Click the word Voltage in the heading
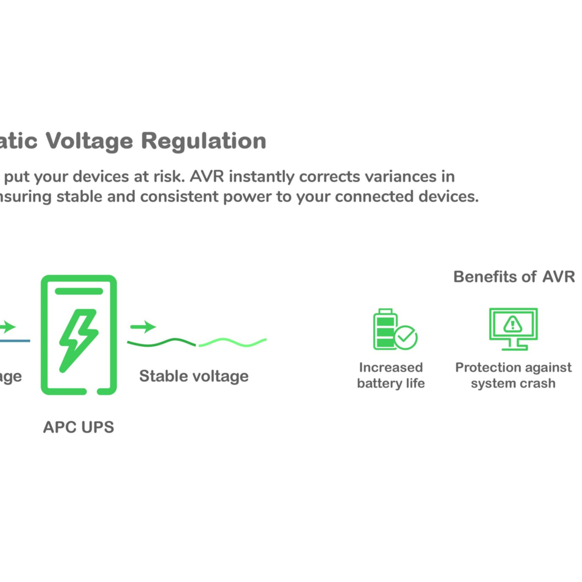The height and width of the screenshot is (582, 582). (x=89, y=141)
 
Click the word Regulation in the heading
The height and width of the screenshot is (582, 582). (x=204, y=141)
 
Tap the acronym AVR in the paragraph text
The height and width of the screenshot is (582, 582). (x=207, y=177)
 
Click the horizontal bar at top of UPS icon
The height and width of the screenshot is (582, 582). (x=79, y=291)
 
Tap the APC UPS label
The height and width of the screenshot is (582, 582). (x=78, y=427)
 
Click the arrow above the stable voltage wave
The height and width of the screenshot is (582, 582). (x=143, y=327)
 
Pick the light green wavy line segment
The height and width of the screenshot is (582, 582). (x=232, y=342)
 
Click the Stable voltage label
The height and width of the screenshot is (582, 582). (x=194, y=376)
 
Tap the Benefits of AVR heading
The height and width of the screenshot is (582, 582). (x=514, y=277)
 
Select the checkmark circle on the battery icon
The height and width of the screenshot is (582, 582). (x=405, y=337)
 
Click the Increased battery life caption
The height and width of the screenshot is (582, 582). (x=391, y=375)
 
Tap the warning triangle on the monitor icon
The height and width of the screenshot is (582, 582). (x=513, y=324)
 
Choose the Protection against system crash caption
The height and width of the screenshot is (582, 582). (x=513, y=375)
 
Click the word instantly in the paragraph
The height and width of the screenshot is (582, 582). (x=261, y=177)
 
